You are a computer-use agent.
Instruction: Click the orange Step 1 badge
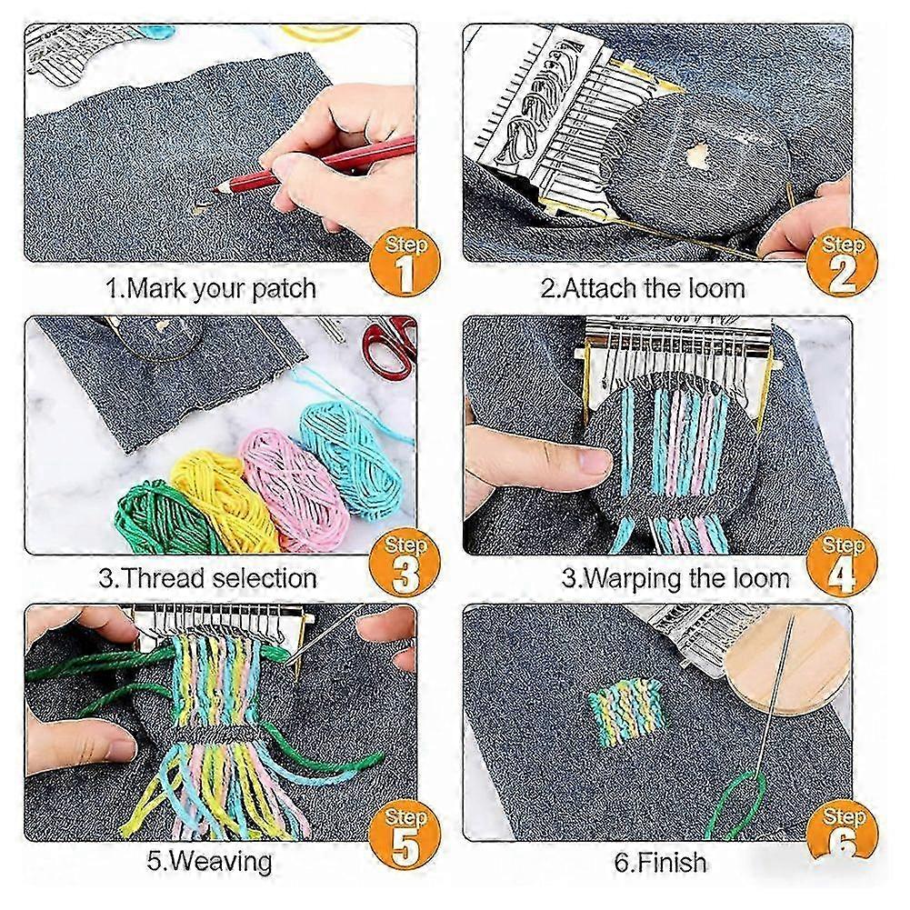pos(405,263)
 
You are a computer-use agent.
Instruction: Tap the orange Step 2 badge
pos(842,263)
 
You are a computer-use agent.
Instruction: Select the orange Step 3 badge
pos(405,564)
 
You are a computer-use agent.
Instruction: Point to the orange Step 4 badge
pos(842,564)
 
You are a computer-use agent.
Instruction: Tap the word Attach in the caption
pos(601,288)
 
